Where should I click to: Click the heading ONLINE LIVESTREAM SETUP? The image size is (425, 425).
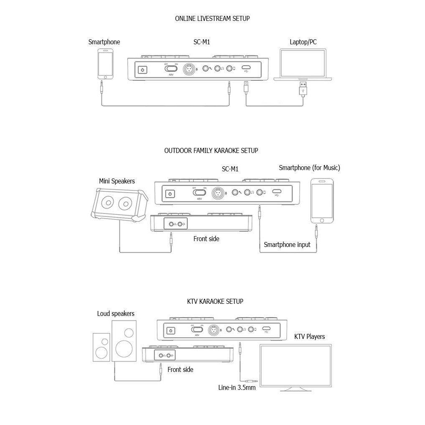pos(212,19)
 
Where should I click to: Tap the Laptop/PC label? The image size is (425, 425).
pos(303,42)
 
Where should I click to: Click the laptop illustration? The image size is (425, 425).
pos(302,65)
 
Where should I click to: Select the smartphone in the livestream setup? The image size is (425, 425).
pos(105,64)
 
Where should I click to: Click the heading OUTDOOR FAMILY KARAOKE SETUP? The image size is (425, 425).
pos(211,150)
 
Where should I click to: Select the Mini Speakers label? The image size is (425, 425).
pos(117,181)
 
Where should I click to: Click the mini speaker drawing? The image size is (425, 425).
pos(118,204)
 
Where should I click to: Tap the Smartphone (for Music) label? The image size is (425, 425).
pos(309,168)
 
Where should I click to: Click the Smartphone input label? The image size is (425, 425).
pos(287,244)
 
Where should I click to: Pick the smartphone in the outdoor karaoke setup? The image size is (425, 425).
pos(322,201)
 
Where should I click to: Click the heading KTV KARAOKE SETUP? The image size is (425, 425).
pos(215,301)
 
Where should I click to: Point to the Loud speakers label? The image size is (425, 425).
pos(116,313)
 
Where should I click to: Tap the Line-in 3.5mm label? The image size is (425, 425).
pos(237,387)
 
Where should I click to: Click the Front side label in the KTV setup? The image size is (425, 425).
pos(180,369)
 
